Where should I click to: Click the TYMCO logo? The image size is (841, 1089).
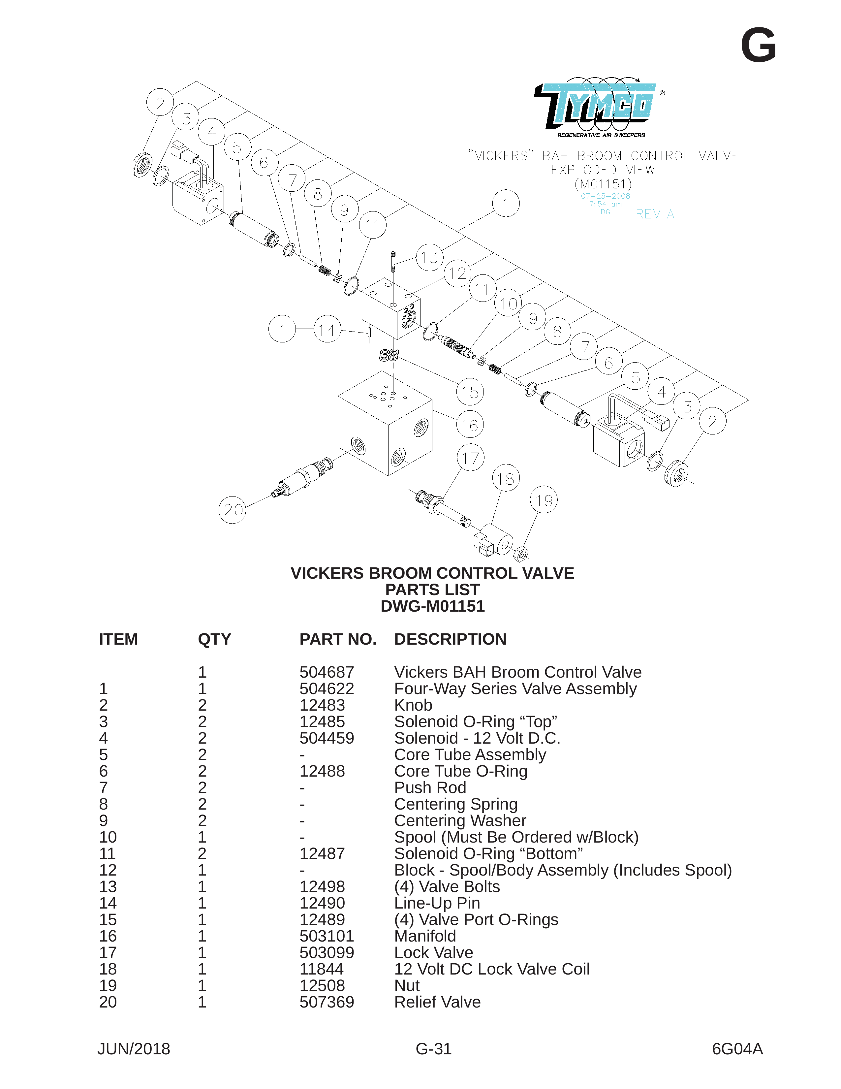click(x=598, y=107)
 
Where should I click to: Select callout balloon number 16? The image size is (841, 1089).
click(x=470, y=425)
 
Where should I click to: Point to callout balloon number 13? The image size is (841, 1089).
click(x=429, y=257)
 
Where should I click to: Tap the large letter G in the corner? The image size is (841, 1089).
click(x=758, y=46)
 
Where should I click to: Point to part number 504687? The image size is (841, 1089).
click(x=327, y=672)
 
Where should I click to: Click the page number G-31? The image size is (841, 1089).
click(x=434, y=1049)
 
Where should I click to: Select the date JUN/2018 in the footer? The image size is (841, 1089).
click(x=134, y=1049)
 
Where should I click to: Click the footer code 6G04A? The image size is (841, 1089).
click(x=737, y=1049)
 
